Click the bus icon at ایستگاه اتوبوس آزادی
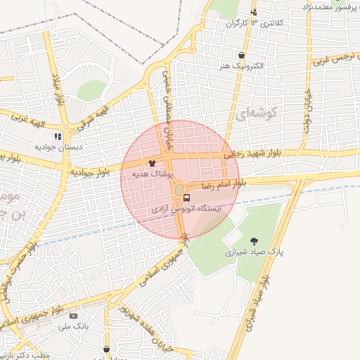point(186,198)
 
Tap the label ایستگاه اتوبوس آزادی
point(186,209)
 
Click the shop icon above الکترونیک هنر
point(241,55)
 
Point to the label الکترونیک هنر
point(241,66)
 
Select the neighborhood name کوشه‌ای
point(259,112)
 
